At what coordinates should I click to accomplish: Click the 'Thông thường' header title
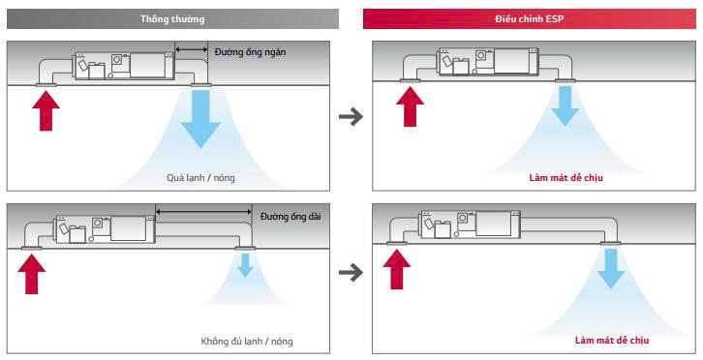click(x=172, y=19)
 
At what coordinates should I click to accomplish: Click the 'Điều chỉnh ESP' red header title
click(x=529, y=19)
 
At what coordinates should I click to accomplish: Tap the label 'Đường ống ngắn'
click(x=250, y=52)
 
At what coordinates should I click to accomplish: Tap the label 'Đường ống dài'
click(x=290, y=217)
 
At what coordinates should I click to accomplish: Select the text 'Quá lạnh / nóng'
click(x=200, y=178)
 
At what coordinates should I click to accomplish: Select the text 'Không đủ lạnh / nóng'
click(x=247, y=342)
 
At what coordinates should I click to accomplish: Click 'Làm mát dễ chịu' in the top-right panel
click(x=565, y=178)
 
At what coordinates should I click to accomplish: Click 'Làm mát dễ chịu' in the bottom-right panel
click(x=612, y=341)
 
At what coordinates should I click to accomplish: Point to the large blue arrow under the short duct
click(x=200, y=118)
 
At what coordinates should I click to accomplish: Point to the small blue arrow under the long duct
click(x=245, y=265)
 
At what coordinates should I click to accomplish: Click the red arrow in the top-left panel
click(x=46, y=110)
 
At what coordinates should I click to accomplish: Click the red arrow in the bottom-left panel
click(x=31, y=274)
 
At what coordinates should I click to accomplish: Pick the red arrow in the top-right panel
click(x=410, y=106)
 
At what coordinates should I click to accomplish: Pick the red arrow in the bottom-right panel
click(x=396, y=269)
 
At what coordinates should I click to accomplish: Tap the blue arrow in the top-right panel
click(x=565, y=105)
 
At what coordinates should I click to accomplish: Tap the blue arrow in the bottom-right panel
click(x=611, y=268)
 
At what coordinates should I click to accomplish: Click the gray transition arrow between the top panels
click(x=351, y=117)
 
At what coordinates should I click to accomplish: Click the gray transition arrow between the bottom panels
click(x=351, y=272)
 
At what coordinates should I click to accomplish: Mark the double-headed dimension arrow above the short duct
click(x=192, y=49)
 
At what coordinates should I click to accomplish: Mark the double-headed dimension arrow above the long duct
click(x=204, y=212)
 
